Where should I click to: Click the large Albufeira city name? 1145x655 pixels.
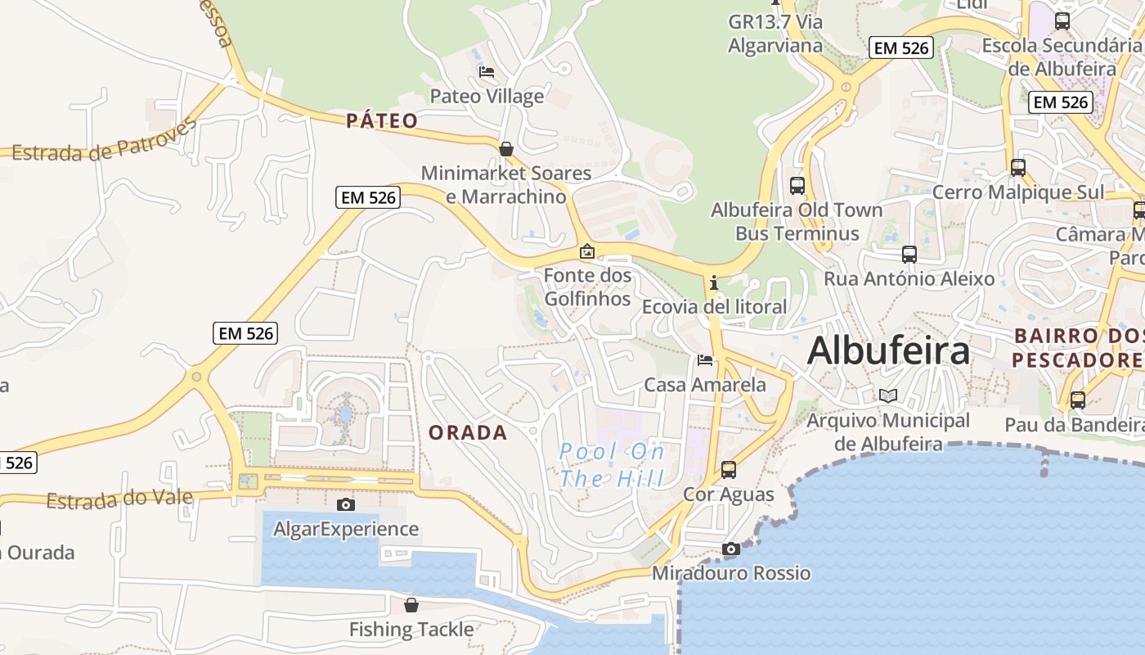tap(888, 350)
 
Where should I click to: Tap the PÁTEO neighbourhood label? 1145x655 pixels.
tap(382, 121)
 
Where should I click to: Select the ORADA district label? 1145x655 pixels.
tap(468, 432)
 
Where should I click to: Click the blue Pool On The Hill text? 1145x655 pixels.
tap(613, 465)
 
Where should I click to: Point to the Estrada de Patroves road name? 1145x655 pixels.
tap(105, 142)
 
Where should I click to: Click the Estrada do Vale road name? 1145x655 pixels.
tap(119, 499)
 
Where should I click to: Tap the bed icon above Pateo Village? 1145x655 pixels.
tap(487, 72)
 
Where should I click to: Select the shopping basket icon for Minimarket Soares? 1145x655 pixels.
tap(506, 149)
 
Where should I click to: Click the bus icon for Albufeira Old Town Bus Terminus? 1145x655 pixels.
tap(797, 186)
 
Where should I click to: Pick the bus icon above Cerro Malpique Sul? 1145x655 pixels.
tap(1018, 168)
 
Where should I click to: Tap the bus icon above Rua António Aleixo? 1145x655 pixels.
tap(909, 255)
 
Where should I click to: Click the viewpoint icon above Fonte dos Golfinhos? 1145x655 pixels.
tap(586, 251)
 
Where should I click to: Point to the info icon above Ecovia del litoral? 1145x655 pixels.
tap(714, 283)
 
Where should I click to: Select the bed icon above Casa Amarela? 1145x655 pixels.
tap(704, 360)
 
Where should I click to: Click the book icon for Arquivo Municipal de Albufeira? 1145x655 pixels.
tap(888, 396)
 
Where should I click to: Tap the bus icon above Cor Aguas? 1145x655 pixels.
tap(728, 470)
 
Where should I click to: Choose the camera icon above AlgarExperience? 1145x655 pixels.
tap(346, 504)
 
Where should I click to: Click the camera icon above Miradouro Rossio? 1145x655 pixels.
tap(730, 549)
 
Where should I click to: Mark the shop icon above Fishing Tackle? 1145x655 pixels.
tap(411, 605)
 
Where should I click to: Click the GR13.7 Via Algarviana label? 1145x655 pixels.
tap(775, 34)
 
